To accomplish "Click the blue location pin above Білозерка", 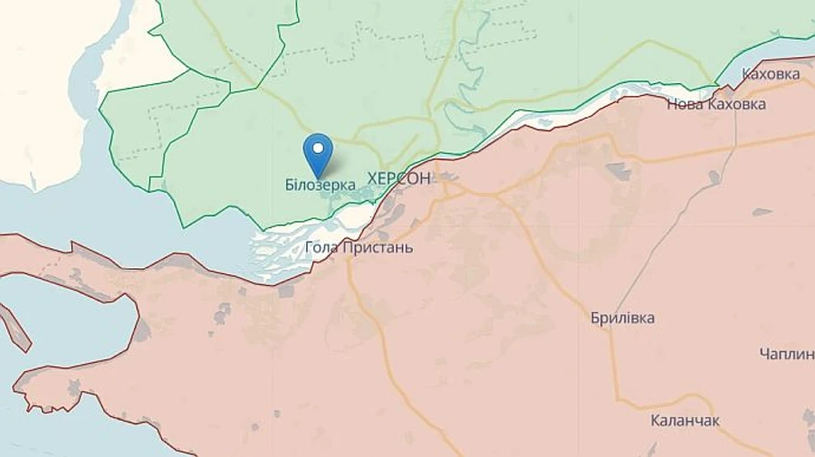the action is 317,152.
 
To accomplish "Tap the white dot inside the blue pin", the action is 317,148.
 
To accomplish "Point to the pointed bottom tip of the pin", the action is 317,176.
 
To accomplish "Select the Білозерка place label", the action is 320,186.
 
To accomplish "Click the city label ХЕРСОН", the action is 399,179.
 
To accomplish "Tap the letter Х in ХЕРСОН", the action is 374,179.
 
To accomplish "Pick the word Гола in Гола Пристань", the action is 322,247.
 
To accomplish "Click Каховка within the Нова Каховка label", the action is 735,104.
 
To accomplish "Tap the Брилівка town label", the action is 622,319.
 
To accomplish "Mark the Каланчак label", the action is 686,421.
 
